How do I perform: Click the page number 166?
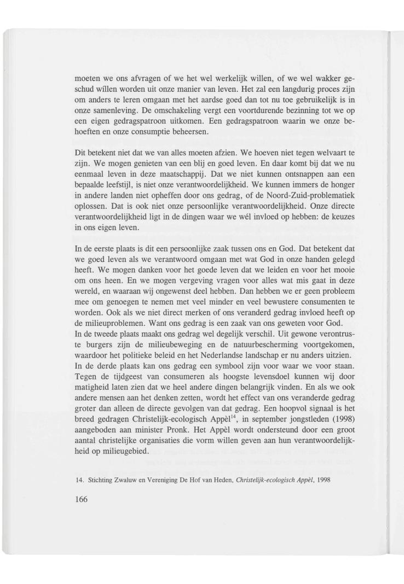click(82, 499)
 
